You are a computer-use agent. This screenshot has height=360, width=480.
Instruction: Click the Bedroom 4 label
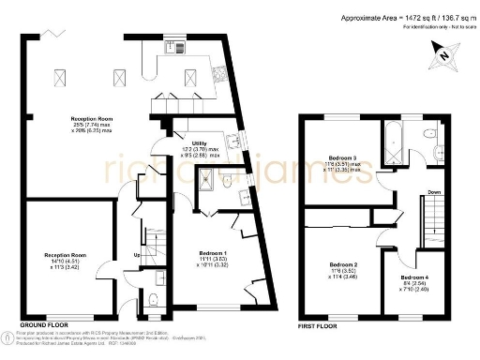tap(414, 279)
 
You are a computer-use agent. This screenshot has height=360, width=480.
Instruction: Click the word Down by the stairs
tap(409, 194)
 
